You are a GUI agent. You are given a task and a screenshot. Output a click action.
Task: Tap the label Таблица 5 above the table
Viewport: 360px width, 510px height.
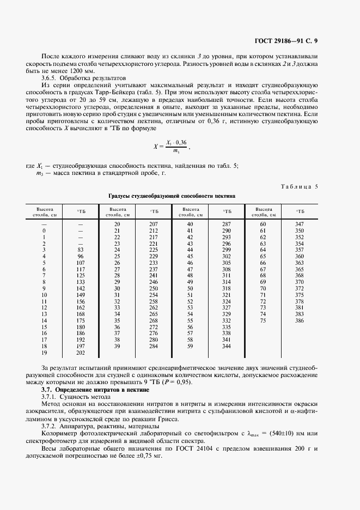coord(299,186)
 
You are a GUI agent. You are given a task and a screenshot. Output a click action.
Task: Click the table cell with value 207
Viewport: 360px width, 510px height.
coord(154,224)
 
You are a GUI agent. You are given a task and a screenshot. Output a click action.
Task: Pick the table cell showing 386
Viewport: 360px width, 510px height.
coord(299,321)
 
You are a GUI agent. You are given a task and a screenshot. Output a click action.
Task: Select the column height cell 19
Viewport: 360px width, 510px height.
coord(44,353)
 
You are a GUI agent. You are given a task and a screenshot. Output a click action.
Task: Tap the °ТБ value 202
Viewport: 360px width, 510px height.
coord(81,353)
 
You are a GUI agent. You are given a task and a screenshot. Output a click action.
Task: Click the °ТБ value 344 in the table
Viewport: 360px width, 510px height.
coord(227,346)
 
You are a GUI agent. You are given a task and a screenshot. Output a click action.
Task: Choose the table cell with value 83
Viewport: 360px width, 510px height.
coord(81,249)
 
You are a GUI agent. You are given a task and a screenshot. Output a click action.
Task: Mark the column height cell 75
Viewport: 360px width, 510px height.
coord(263,321)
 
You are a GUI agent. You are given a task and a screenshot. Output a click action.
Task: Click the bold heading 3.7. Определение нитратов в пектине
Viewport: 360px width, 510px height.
coord(101,390)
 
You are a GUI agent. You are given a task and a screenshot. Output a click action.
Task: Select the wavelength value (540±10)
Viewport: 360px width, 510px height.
coord(294,434)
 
